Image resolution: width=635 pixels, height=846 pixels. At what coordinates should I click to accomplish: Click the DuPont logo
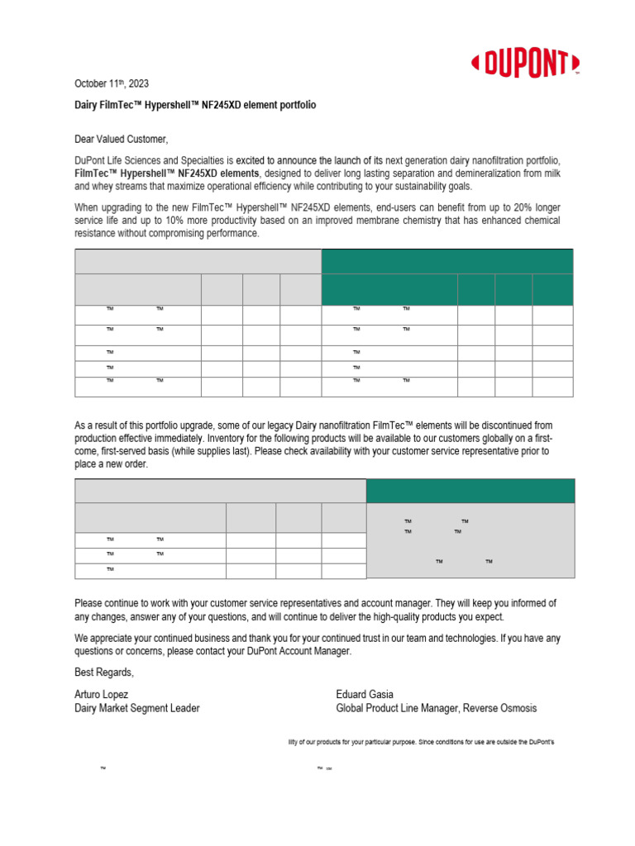tap(525, 63)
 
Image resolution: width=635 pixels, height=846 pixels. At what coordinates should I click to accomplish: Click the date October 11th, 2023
tap(112, 84)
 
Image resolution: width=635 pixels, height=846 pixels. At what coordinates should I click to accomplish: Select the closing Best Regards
tap(103, 671)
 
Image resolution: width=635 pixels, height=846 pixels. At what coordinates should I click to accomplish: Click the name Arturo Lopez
tap(102, 694)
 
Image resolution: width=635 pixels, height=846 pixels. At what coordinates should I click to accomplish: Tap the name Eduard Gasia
tap(365, 694)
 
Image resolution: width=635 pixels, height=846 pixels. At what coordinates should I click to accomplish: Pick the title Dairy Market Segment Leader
tap(136, 708)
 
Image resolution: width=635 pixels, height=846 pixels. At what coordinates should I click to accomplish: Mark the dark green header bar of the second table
tap(470, 491)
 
